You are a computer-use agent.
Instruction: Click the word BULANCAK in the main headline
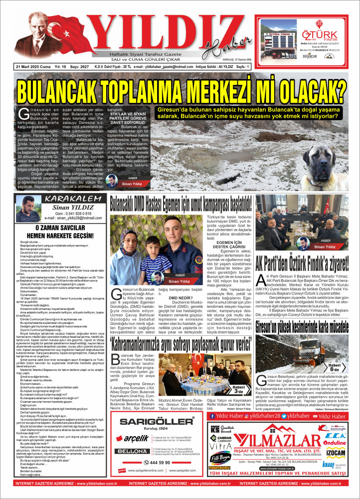(75, 91)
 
